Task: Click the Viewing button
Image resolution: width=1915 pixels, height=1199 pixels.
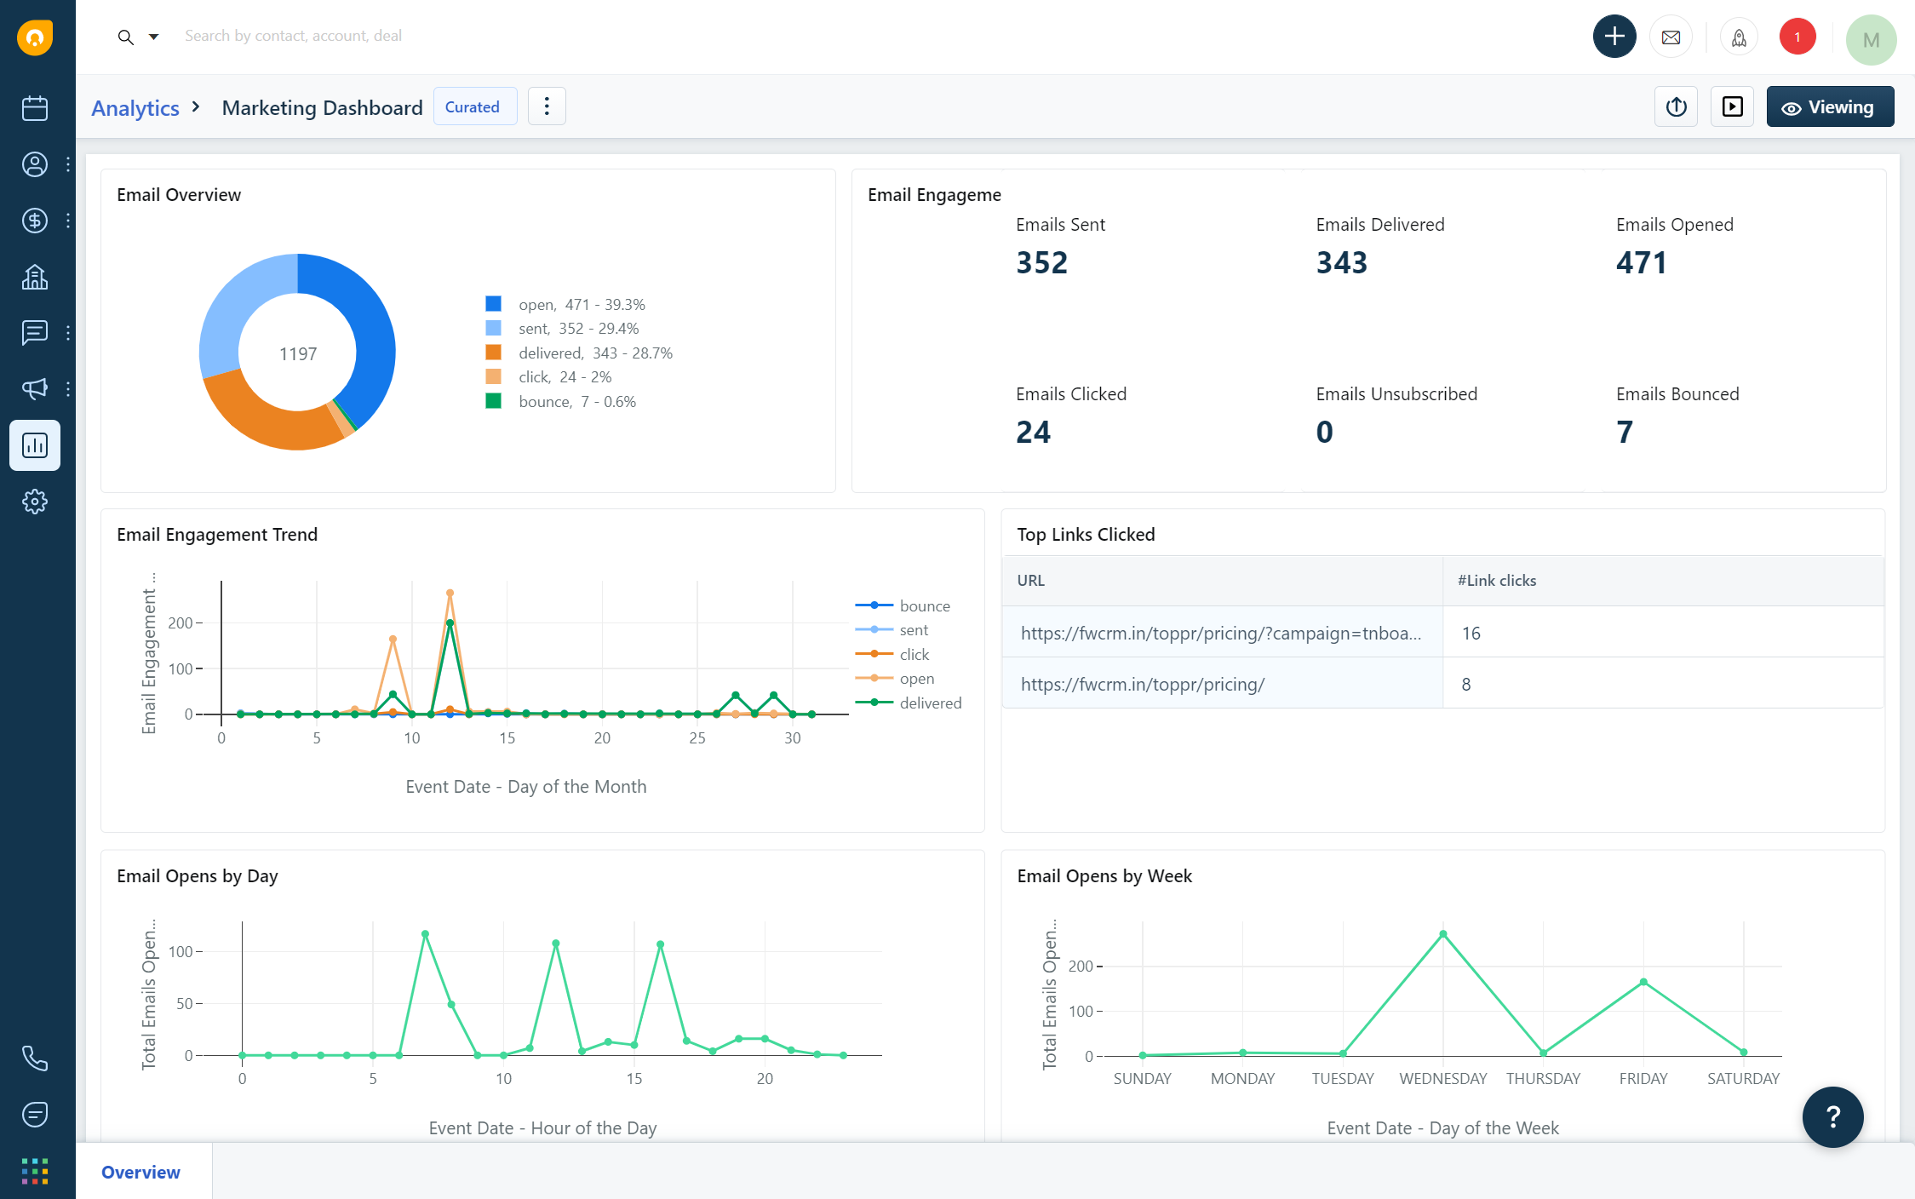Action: click(1829, 107)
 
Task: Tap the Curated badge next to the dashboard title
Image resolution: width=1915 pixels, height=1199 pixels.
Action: click(473, 107)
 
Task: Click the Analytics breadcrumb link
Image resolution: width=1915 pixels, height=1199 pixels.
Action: click(135, 108)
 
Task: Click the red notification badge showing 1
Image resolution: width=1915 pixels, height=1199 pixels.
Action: click(1797, 37)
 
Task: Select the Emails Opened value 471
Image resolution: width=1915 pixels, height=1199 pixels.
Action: click(1641, 262)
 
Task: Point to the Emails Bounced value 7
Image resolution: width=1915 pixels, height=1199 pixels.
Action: click(1624, 432)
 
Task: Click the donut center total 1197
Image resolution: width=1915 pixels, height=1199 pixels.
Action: click(298, 353)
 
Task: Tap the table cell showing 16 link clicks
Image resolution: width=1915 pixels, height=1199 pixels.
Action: click(1471, 633)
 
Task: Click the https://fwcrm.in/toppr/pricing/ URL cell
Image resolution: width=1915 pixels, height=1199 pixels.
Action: click(1142, 684)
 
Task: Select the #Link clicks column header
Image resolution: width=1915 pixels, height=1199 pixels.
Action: click(1496, 580)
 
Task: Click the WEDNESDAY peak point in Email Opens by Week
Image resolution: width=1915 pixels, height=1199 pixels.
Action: click(1442, 934)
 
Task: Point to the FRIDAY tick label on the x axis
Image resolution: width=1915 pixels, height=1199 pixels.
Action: click(1643, 1078)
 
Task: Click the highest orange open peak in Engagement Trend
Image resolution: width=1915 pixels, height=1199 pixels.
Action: click(450, 593)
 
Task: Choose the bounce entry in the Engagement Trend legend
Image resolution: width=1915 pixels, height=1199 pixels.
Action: click(924, 605)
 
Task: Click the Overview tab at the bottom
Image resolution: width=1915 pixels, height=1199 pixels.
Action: click(141, 1172)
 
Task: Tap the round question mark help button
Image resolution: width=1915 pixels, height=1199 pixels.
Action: click(1832, 1116)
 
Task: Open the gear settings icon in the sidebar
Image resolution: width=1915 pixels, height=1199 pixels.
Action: click(34, 502)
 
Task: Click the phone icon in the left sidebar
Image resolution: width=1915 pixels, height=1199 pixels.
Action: click(34, 1058)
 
